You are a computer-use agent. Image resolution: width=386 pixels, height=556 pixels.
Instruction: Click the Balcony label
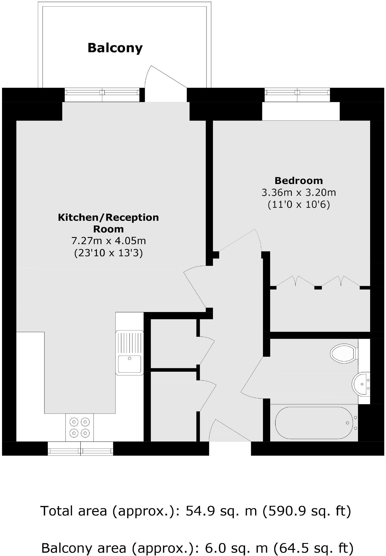pos(115,48)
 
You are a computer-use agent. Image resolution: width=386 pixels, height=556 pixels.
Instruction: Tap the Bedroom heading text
pos(298,181)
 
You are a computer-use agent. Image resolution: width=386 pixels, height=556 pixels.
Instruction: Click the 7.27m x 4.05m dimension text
pos(108,241)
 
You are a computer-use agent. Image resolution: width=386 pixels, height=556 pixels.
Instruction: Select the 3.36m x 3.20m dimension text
pos(298,192)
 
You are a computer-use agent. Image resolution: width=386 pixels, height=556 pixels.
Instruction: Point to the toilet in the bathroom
pos(343,353)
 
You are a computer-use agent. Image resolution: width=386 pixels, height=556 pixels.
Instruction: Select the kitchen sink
pos(129,352)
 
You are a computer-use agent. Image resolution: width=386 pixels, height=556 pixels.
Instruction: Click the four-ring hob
pos(79,427)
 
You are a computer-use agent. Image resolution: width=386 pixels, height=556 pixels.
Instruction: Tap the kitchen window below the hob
pos(80,448)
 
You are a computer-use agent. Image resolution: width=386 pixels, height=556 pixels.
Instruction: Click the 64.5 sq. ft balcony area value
pos(313,547)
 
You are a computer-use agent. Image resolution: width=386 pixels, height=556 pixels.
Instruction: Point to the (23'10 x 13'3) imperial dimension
pos(108,253)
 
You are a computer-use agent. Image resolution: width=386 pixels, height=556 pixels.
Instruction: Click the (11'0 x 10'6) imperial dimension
pos(298,204)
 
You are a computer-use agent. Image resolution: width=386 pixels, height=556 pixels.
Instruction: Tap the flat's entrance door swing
pos(228,431)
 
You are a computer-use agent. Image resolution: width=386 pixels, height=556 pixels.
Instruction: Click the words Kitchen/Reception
pos(108,217)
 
